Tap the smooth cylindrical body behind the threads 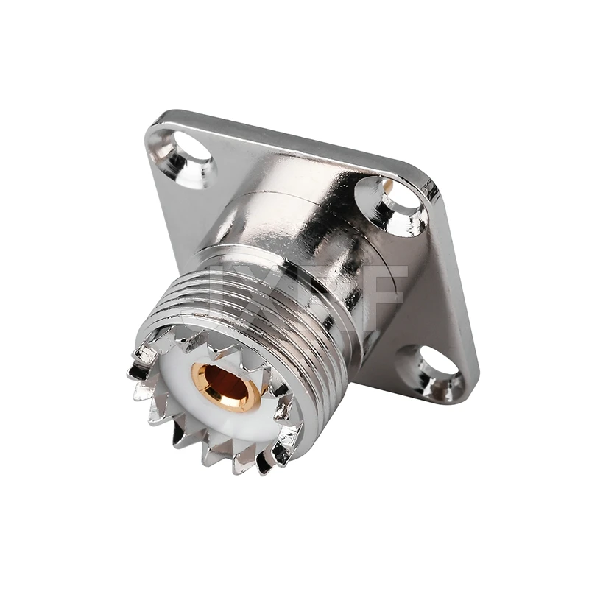294,214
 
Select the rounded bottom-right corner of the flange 464,390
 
